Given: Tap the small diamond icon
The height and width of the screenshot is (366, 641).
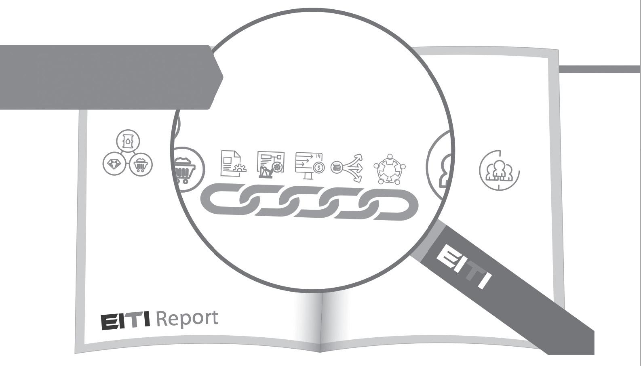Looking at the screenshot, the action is pyautogui.click(x=114, y=164).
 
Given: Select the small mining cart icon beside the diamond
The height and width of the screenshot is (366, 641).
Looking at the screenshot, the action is pyautogui.click(x=141, y=164).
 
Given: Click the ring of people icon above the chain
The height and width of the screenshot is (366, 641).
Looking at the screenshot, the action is pyautogui.click(x=389, y=169).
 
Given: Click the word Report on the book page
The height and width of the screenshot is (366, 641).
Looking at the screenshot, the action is pyautogui.click(x=187, y=318).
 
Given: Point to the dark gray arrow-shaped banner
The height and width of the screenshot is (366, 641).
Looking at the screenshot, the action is pyautogui.click(x=109, y=77).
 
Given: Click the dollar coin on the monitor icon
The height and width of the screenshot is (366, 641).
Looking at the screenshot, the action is pyautogui.click(x=319, y=167).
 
